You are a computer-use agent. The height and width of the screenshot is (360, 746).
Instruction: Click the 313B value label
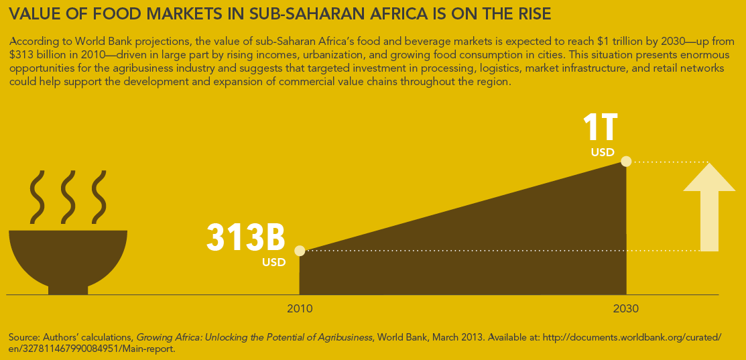pos(246,236)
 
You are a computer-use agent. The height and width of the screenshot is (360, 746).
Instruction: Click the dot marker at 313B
pos(300,251)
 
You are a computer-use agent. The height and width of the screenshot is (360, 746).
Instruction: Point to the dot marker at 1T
pos(626,161)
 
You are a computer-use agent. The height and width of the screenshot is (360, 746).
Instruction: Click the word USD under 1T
pos(603,153)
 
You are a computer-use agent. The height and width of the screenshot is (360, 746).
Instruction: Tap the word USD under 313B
pos(273,262)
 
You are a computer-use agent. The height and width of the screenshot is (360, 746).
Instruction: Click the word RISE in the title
pos(532,14)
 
